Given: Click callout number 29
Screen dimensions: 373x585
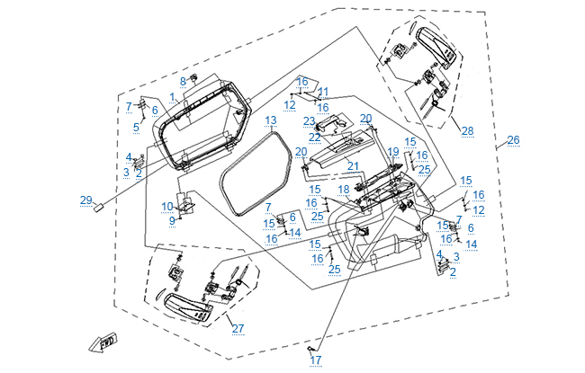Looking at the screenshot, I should tap(86, 200).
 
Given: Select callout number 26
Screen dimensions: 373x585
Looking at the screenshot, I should tap(513, 139).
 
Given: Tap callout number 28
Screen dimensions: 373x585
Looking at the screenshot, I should tap(467, 131).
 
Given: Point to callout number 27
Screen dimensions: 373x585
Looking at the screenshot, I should tap(238, 328).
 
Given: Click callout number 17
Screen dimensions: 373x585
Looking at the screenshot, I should tap(316, 360).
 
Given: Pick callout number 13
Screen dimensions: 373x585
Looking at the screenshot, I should tap(271, 120).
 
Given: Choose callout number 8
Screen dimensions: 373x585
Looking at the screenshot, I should tap(183, 81).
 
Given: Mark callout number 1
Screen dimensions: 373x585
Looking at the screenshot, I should tap(172, 96).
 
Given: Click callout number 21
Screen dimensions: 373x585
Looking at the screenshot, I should tap(354, 166).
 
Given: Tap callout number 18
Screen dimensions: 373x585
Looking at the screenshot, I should tap(344, 190).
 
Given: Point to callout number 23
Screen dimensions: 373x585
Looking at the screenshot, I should tap(309, 120).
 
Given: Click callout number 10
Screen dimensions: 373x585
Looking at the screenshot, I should tap(167, 207).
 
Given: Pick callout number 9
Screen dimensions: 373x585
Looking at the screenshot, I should tap(172, 220).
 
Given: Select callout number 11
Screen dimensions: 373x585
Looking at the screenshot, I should tap(323, 92).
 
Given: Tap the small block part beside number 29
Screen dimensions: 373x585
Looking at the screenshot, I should tap(102, 205).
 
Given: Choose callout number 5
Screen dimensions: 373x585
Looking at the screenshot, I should tap(136, 127).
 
